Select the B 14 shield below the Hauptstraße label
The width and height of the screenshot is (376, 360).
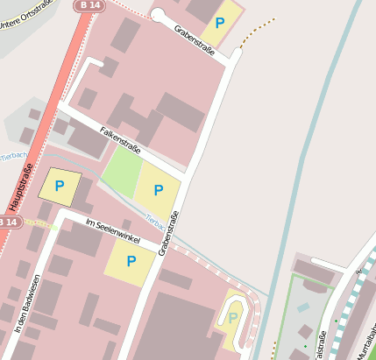[x=7, y=222]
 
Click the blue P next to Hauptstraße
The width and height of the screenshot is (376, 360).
[x=60, y=186]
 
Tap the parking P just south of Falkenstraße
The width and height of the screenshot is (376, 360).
[x=159, y=190]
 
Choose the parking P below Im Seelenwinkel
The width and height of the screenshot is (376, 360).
[x=131, y=260]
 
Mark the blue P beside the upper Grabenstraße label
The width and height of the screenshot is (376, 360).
[x=220, y=22]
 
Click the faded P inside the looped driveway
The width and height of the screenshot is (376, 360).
[x=233, y=317]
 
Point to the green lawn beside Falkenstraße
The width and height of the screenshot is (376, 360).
[x=121, y=172]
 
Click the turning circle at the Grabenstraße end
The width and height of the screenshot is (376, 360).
[x=158, y=15]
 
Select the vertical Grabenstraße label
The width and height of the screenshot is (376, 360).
[x=169, y=234]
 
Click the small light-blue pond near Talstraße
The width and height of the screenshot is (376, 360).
[x=303, y=308]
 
